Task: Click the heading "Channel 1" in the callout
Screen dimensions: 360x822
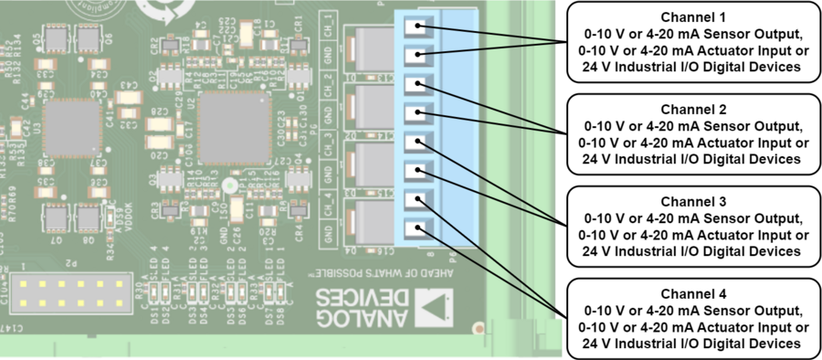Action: point(694,17)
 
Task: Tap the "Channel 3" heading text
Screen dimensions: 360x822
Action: point(694,201)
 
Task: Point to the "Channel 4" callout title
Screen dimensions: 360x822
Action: point(694,294)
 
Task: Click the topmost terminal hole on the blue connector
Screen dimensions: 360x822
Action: point(417,28)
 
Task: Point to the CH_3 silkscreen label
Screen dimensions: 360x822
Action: point(328,145)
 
